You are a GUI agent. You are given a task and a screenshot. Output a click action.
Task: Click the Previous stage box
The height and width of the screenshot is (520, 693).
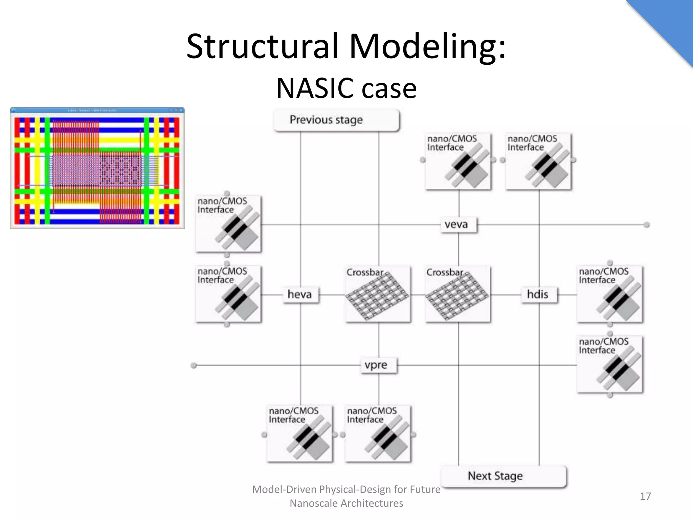336,120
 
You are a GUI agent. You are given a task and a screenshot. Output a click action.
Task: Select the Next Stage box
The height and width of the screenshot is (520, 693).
504,476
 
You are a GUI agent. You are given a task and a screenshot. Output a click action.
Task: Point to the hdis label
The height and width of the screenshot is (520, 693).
539,294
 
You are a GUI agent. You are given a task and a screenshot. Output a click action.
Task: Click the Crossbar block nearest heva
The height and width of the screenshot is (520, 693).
378,294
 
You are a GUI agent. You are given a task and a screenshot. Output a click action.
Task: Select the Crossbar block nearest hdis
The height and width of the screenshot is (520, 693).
458,294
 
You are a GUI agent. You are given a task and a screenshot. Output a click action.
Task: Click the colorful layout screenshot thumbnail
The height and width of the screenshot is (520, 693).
97,168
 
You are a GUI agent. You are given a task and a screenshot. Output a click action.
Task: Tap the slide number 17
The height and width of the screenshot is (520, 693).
645,496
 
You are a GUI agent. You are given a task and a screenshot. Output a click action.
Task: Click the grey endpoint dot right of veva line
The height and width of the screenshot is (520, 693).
646,225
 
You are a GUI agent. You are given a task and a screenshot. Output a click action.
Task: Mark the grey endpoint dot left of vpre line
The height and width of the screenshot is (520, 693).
194,366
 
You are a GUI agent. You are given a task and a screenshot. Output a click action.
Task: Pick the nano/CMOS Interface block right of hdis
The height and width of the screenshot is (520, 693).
610,294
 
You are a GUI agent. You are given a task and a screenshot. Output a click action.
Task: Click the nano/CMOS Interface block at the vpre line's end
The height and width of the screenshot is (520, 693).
610,364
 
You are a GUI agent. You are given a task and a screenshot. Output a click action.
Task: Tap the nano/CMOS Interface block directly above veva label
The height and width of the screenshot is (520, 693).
458,161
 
